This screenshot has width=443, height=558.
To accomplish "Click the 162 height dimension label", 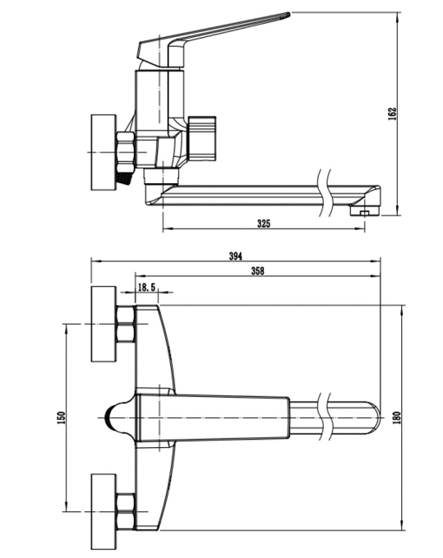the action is (x=392, y=113).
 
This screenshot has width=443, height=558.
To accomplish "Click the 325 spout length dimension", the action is (x=264, y=224).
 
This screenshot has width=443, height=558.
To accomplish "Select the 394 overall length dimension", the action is (x=235, y=256).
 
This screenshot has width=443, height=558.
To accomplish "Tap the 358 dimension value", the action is (x=257, y=271).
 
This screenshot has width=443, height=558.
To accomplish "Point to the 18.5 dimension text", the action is (x=146, y=287).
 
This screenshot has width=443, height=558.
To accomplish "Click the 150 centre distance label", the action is (x=61, y=417).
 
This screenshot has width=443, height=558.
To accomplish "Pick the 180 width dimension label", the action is (x=397, y=417).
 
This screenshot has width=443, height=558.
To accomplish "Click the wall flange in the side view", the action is (x=104, y=152).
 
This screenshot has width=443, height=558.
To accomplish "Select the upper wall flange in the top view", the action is (x=104, y=324).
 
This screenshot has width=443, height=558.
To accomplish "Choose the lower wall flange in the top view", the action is (x=104, y=512).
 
